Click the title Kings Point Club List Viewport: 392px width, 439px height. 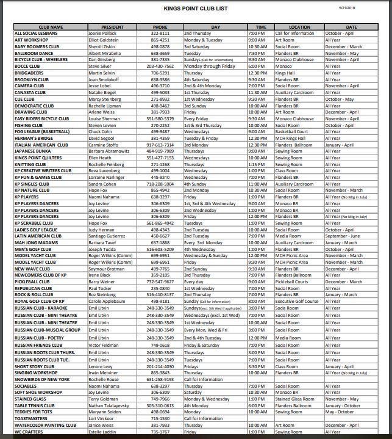[x=196, y=9]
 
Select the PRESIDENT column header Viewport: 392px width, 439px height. [x=113, y=27]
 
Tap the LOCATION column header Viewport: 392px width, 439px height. [x=299, y=27]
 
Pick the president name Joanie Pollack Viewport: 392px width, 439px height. [x=102, y=33]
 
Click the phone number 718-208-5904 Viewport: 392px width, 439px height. [x=160, y=184]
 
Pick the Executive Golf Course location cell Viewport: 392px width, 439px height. [x=297, y=302]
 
